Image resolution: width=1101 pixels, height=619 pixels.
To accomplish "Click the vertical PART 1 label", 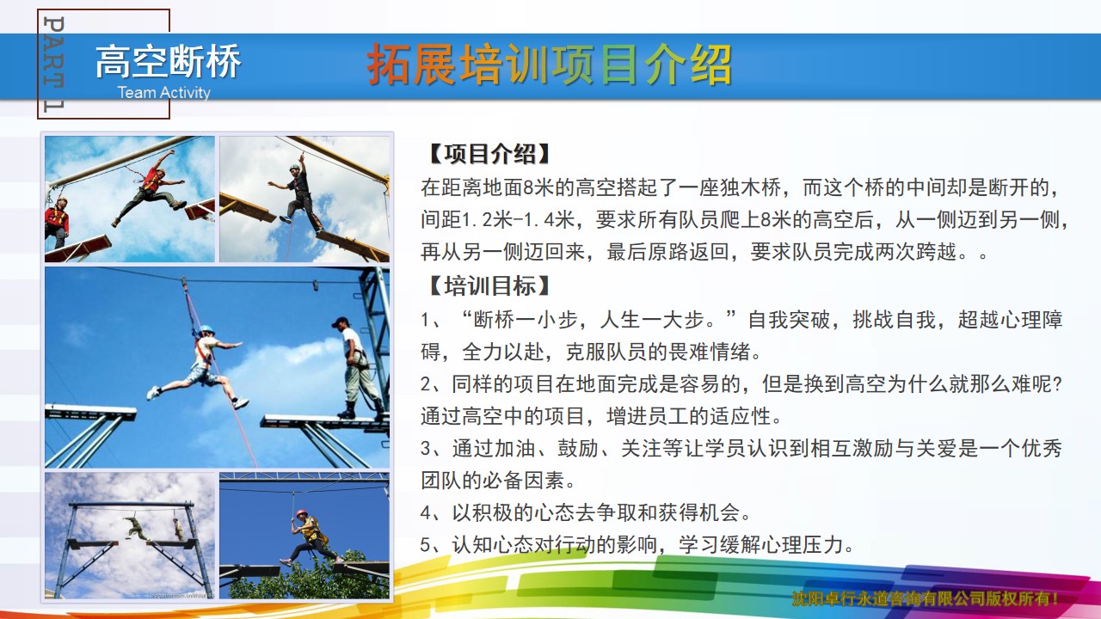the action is point(53,64).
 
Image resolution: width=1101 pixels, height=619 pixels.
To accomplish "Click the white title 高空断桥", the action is point(168,61).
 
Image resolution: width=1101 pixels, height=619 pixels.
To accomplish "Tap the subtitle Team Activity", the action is point(163,92).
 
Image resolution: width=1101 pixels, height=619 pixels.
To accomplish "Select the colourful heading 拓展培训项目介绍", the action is point(550,64).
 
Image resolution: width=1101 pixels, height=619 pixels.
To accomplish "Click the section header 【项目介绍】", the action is point(489,154).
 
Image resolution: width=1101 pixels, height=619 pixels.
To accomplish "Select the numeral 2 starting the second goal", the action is point(426,384).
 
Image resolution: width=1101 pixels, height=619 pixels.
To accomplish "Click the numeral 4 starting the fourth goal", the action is point(426,513).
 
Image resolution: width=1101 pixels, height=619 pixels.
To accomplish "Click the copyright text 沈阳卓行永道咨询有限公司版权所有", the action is point(924,599).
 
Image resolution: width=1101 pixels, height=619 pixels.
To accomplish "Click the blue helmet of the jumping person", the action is point(206,328).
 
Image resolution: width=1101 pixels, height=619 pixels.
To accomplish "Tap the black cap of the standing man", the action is point(340,322).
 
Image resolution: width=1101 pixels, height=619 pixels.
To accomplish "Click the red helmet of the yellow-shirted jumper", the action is point(301,513).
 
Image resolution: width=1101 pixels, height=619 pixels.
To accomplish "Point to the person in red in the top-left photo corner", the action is point(57,222).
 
